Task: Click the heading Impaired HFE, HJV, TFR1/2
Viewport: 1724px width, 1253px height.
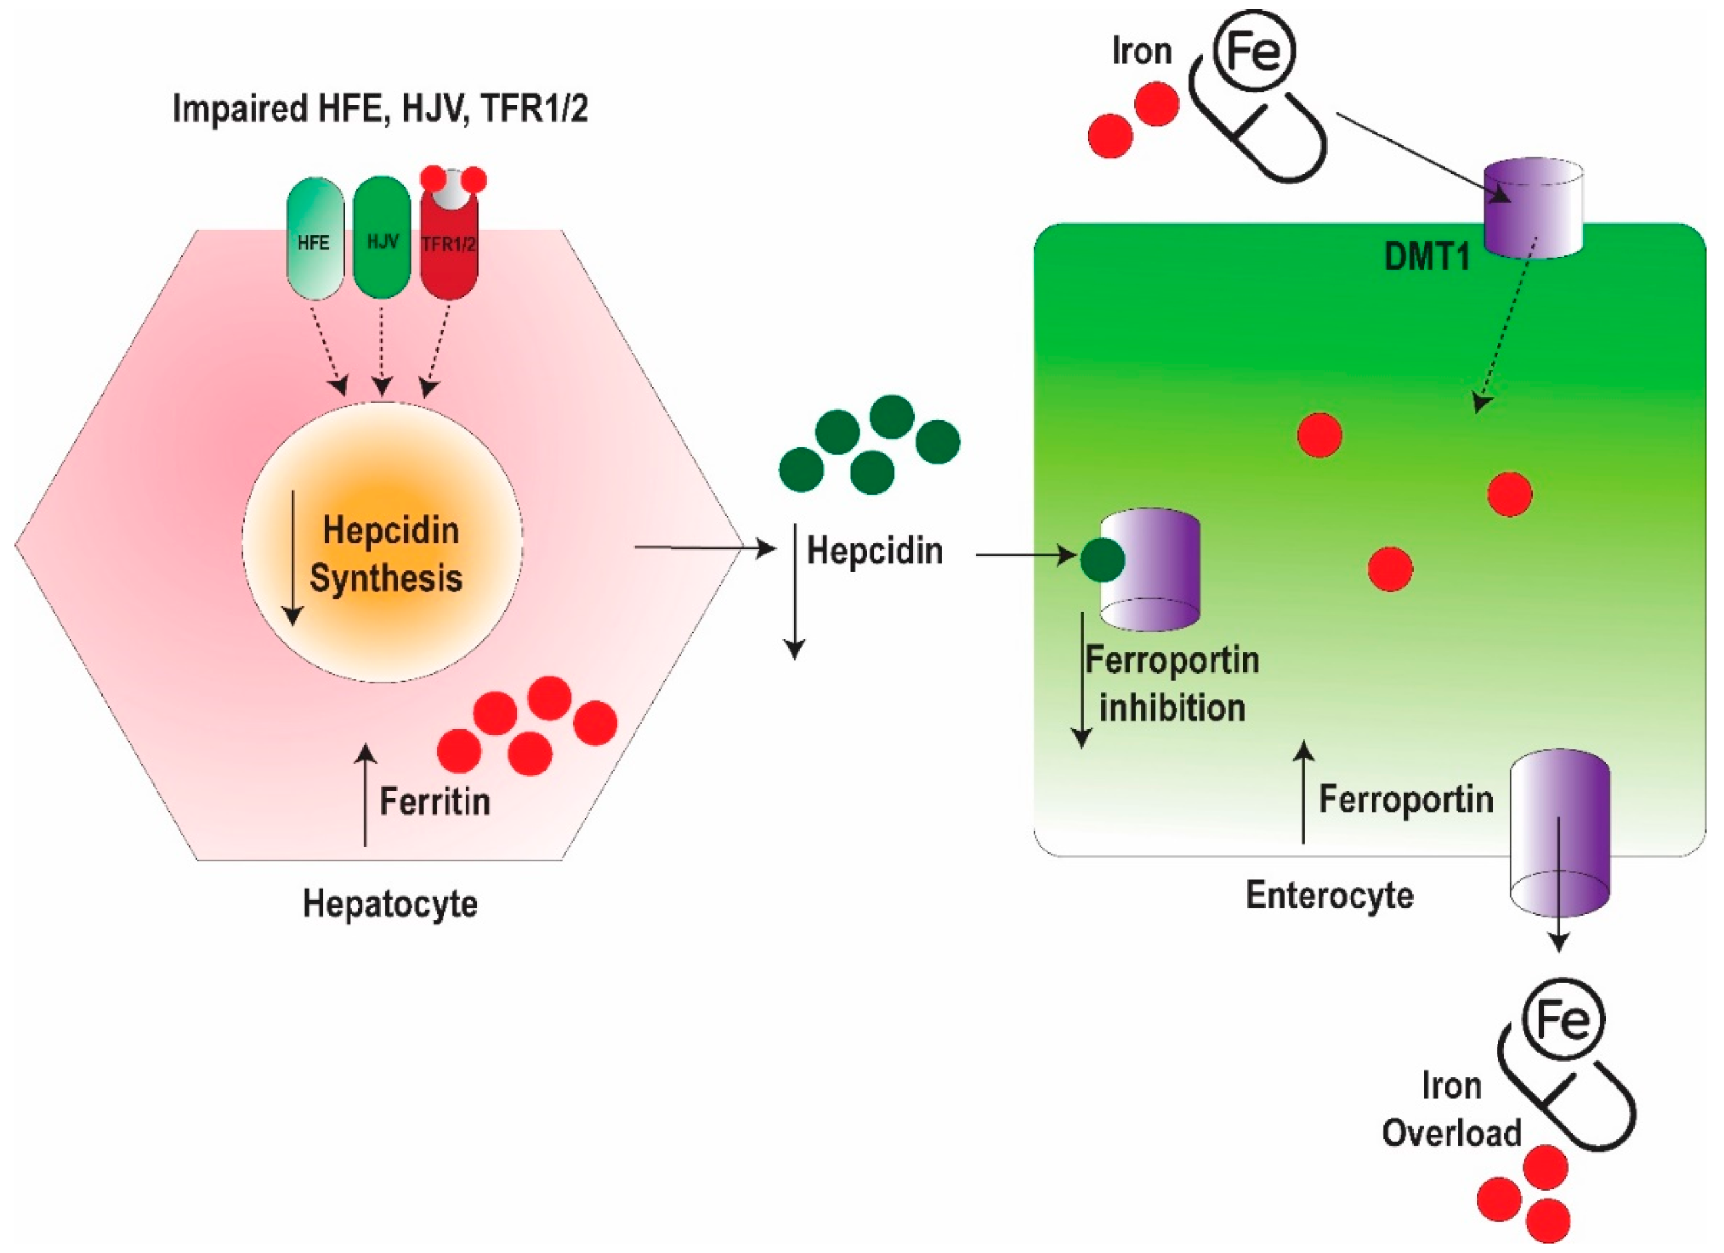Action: tap(380, 109)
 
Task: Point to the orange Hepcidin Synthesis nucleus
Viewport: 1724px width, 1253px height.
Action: tap(383, 542)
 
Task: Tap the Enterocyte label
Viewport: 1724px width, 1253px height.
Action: tap(1329, 896)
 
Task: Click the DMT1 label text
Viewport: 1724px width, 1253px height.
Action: tap(1427, 257)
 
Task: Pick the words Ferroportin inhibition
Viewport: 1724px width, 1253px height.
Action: tap(1172, 684)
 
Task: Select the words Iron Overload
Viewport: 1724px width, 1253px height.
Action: tap(1452, 1110)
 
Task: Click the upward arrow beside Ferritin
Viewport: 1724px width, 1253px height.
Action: tap(366, 795)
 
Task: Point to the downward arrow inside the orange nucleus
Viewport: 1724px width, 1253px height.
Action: tap(293, 558)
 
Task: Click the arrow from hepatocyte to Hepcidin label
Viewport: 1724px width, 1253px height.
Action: tap(705, 547)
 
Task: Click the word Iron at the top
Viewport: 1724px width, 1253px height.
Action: tap(1141, 51)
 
